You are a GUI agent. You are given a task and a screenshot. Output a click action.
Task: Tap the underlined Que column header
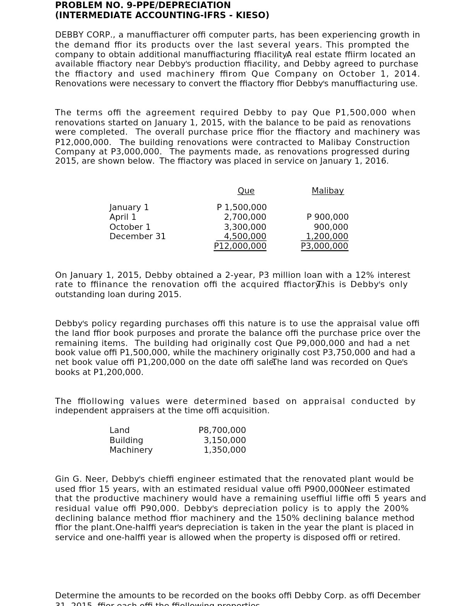[x=246, y=191]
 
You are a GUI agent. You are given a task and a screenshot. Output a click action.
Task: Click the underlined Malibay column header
[x=327, y=191]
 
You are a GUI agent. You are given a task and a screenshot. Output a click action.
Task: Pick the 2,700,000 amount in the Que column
[x=245, y=217]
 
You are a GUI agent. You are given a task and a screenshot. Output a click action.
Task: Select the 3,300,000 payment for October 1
[x=245, y=227]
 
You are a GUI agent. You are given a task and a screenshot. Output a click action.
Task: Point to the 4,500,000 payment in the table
[x=245, y=236]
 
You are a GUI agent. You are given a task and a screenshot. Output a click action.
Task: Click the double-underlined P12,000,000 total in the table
[x=240, y=246]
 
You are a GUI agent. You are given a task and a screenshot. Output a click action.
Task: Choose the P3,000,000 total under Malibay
[x=324, y=246]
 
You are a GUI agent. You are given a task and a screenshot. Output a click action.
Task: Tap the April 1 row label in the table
[x=123, y=217]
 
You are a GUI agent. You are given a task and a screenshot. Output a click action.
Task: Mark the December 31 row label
[x=137, y=236]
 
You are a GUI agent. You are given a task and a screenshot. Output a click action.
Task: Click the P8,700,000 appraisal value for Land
[x=222, y=430]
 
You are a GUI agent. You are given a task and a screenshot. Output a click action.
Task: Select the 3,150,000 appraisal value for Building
[x=225, y=440]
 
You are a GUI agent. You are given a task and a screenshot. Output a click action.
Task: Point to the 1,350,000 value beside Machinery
[x=225, y=450]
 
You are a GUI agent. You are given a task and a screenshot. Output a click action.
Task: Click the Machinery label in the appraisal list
[x=131, y=450]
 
